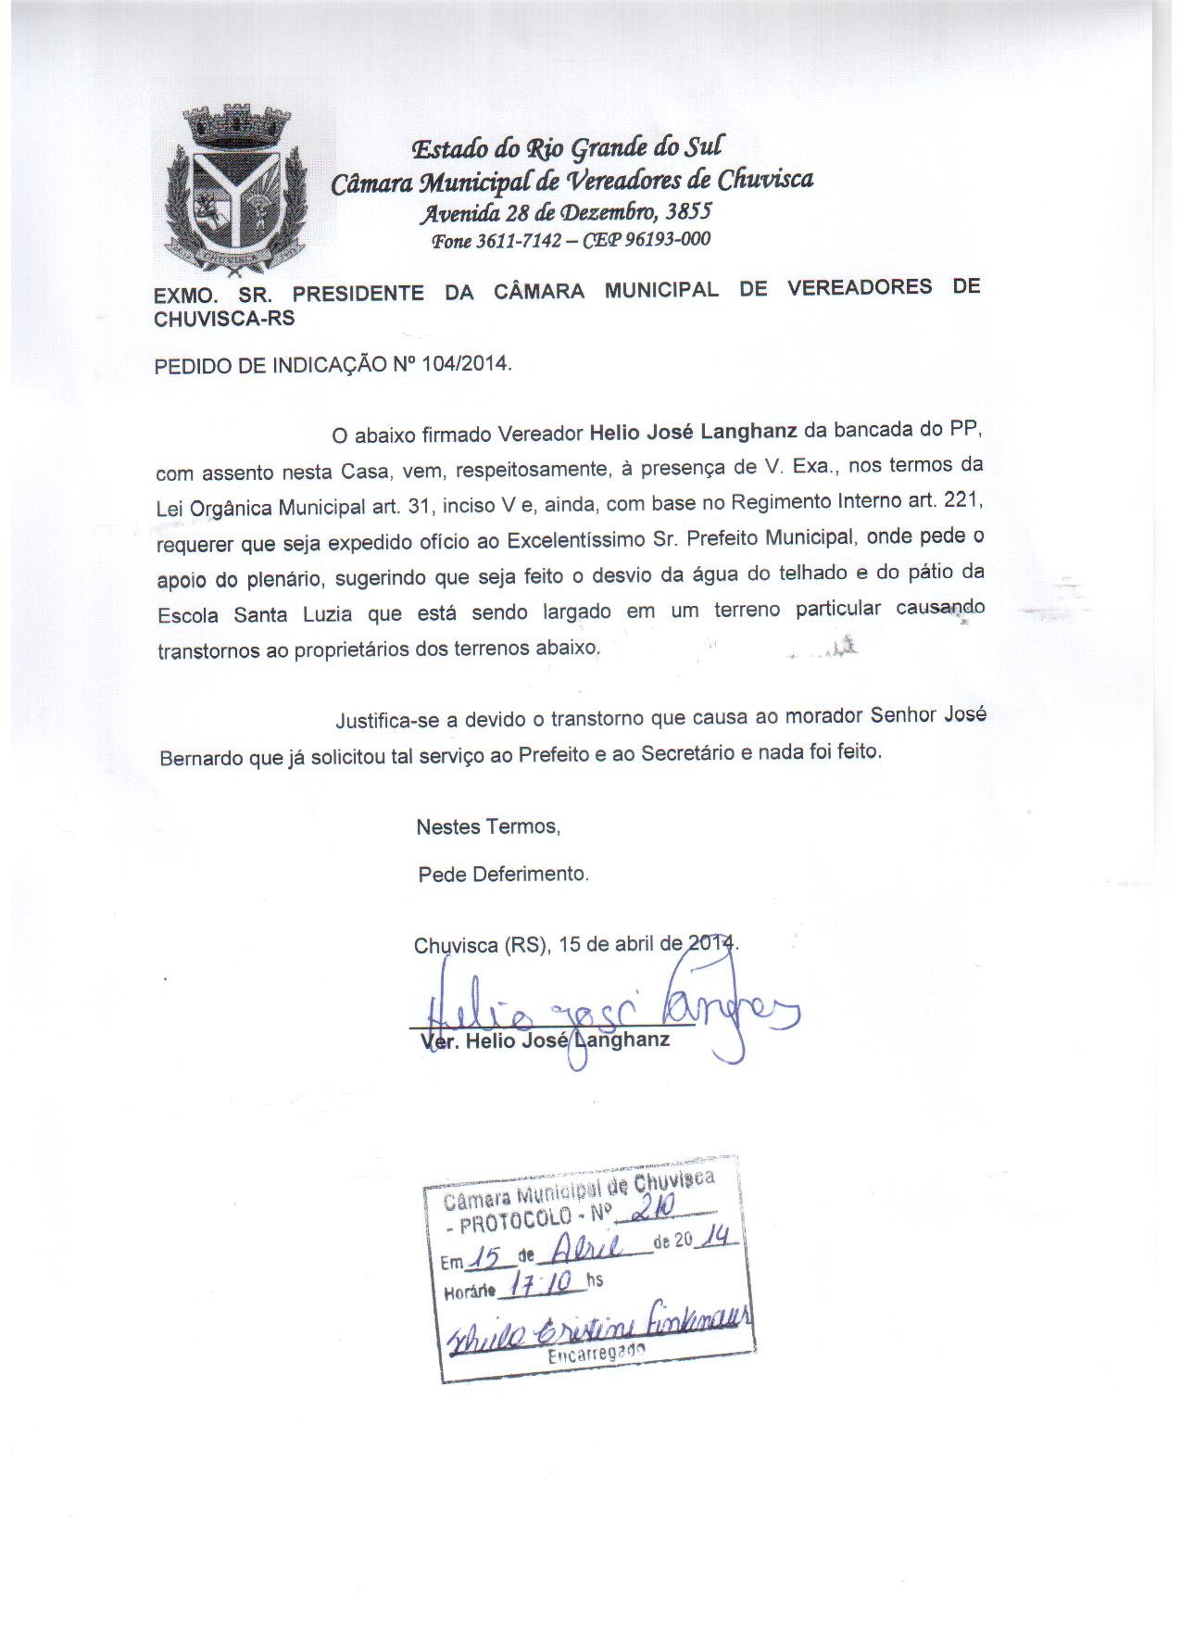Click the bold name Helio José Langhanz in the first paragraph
coord(694,432)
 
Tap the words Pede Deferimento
coord(503,874)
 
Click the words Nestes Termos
coord(488,826)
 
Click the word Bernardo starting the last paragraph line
coord(201,757)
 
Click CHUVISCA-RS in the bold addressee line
coord(224,318)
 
